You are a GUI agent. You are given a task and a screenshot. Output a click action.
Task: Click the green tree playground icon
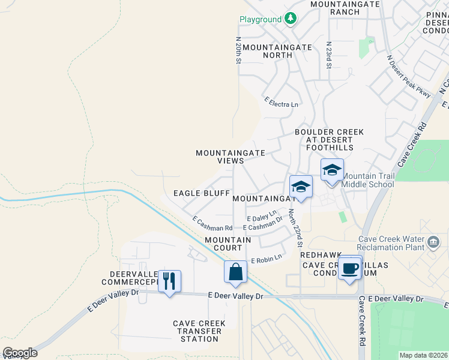pos(291,19)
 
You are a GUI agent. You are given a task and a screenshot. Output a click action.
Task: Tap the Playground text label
pos(261,19)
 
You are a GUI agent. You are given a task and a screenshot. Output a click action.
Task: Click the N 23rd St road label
pos(328,55)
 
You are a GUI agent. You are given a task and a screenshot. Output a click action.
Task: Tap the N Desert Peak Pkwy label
pos(409,76)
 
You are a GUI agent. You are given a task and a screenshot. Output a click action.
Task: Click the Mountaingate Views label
pos(231,157)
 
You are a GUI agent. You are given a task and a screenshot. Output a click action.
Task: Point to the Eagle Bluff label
pos(201,193)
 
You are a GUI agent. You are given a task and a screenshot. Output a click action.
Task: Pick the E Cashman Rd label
pos(212,224)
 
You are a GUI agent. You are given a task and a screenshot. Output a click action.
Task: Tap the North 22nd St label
pos(294,227)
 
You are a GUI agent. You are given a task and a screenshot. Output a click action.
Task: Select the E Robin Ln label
pos(266,259)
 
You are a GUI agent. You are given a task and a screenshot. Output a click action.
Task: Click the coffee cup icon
pos(350,268)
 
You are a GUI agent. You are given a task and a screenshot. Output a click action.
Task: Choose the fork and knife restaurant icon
pos(169,280)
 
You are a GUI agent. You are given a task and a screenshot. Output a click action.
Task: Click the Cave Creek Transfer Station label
pos(199,331)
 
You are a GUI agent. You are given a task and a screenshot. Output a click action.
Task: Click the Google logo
pos(20,353)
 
